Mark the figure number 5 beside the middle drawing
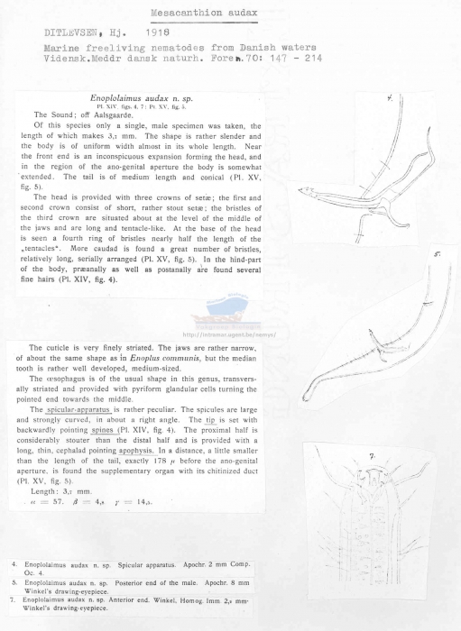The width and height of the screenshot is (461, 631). [x=437, y=254]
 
